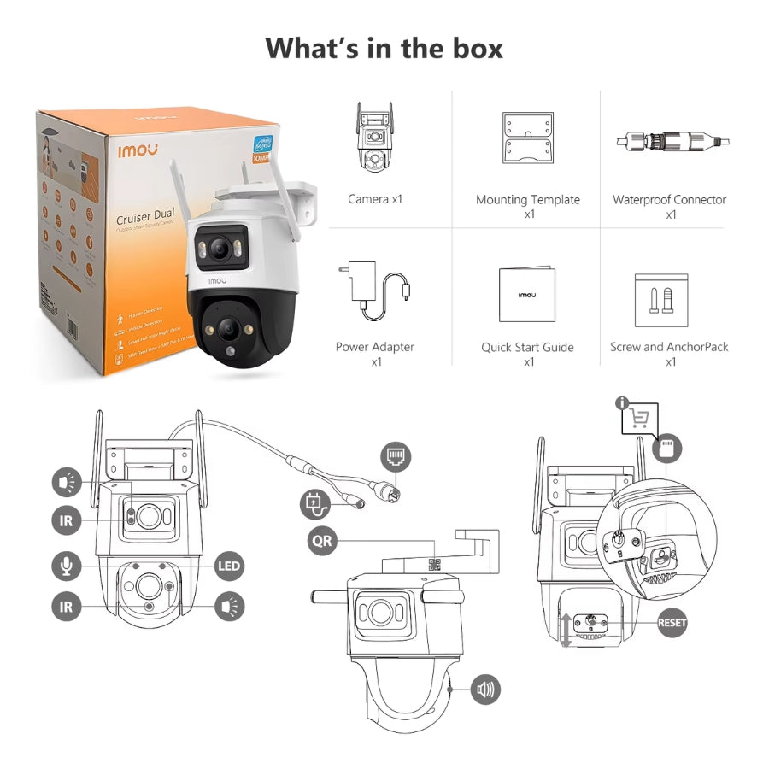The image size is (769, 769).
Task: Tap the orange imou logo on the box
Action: pyautogui.click(x=138, y=149)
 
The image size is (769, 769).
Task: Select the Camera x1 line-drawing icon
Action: pyautogui.click(x=374, y=139)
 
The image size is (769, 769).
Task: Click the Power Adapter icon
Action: pyautogui.click(x=375, y=289)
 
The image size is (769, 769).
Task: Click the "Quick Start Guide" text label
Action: pyautogui.click(x=527, y=348)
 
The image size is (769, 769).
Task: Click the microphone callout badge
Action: pyautogui.click(x=66, y=565)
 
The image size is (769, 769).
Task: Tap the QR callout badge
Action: pyautogui.click(x=322, y=541)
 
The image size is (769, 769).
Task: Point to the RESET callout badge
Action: pyautogui.click(x=672, y=623)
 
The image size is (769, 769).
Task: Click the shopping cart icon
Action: pyautogui.click(x=639, y=418)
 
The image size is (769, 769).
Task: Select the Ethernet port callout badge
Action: pyautogui.click(x=396, y=456)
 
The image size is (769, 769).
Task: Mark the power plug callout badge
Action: pyautogui.click(x=313, y=503)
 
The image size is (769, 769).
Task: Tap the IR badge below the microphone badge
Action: pyautogui.click(x=66, y=606)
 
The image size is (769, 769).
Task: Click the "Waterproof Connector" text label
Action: pyautogui.click(x=669, y=200)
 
